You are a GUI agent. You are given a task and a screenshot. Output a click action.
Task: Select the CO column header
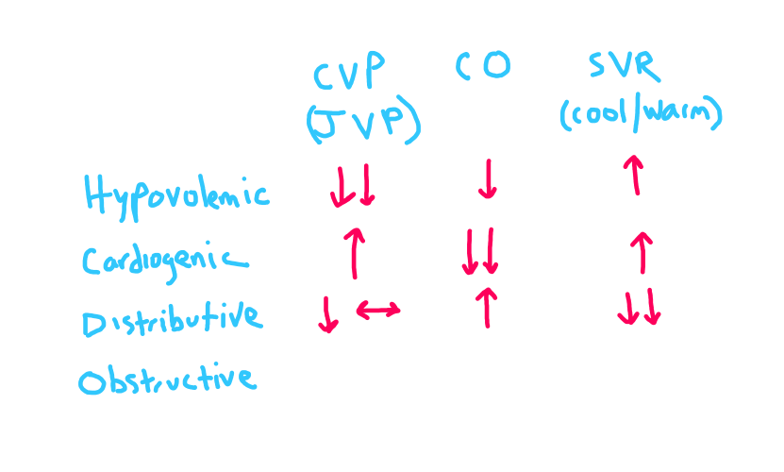pos(483,65)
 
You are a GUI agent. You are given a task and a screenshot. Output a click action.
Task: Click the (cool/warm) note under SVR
pos(640,114)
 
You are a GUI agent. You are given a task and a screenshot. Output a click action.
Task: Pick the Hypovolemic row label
pos(176,195)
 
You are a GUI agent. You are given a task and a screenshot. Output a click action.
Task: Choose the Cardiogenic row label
pos(166,261)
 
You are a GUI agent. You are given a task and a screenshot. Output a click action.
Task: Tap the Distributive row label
pos(171,319)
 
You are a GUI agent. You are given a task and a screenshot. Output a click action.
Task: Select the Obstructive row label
pos(167,379)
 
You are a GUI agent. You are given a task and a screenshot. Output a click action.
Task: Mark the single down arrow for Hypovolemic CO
pos(487,179)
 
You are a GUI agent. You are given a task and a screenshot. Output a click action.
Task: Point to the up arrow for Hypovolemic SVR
pos(636,176)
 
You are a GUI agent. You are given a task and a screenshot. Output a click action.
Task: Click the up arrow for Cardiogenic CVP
pos(354,252)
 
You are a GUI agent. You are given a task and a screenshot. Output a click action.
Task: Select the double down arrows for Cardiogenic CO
pos(480,252)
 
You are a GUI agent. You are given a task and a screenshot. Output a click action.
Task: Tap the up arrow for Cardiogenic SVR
pos(641,252)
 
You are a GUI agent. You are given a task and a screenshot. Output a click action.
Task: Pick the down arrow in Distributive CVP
pos(327,314)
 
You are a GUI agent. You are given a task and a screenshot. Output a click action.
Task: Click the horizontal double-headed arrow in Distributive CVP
pos(377,309)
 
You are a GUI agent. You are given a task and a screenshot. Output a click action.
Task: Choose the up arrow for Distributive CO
pos(487,307)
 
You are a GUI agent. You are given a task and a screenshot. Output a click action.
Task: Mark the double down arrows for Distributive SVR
pos(640,308)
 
